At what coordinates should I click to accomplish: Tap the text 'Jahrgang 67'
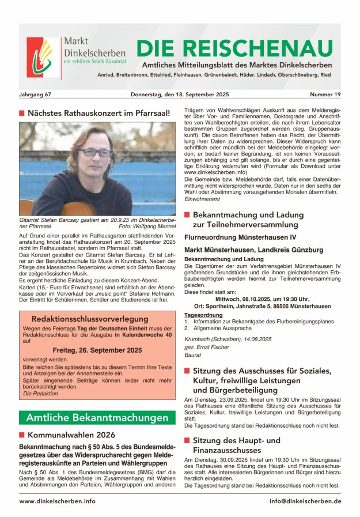click(x=35, y=93)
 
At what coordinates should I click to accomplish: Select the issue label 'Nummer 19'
click(x=325, y=93)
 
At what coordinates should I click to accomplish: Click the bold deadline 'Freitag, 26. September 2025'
click(x=97, y=350)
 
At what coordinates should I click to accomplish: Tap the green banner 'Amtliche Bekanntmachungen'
click(x=97, y=418)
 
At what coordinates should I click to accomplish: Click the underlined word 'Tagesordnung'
click(x=200, y=315)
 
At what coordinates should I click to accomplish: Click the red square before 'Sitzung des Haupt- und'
click(x=187, y=440)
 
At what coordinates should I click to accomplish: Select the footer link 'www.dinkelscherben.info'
click(x=58, y=501)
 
